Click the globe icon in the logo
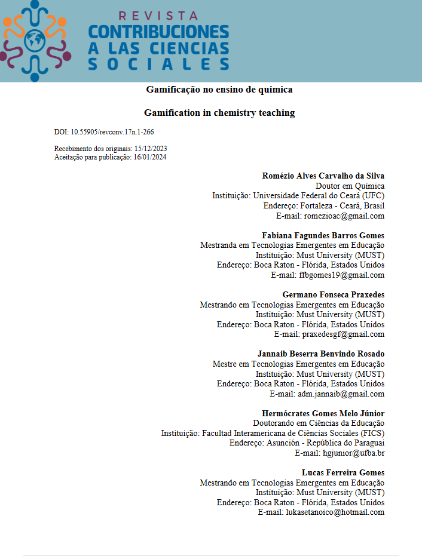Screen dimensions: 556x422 [x=35, y=38]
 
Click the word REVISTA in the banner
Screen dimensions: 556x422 [x=158, y=16]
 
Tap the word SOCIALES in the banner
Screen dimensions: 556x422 [x=158, y=64]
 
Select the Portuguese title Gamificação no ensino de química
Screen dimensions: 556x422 [x=219, y=90]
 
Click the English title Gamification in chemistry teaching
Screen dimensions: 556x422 [x=219, y=113]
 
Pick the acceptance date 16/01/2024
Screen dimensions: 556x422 [x=149, y=157]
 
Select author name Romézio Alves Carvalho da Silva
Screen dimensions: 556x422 [x=323, y=176]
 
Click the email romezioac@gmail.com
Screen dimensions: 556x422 [x=344, y=216]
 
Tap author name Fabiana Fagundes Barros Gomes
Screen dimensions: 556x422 [x=323, y=235]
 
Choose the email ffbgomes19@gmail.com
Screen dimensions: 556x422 [x=341, y=275]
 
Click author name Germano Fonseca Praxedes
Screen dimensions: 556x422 [x=333, y=294]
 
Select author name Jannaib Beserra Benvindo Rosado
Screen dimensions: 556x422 [x=320, y=354]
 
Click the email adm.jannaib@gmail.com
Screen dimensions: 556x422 [x=341, y=394]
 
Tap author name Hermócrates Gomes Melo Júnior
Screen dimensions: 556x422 [x=323, y=413]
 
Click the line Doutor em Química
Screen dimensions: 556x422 [x=350, y=186]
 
